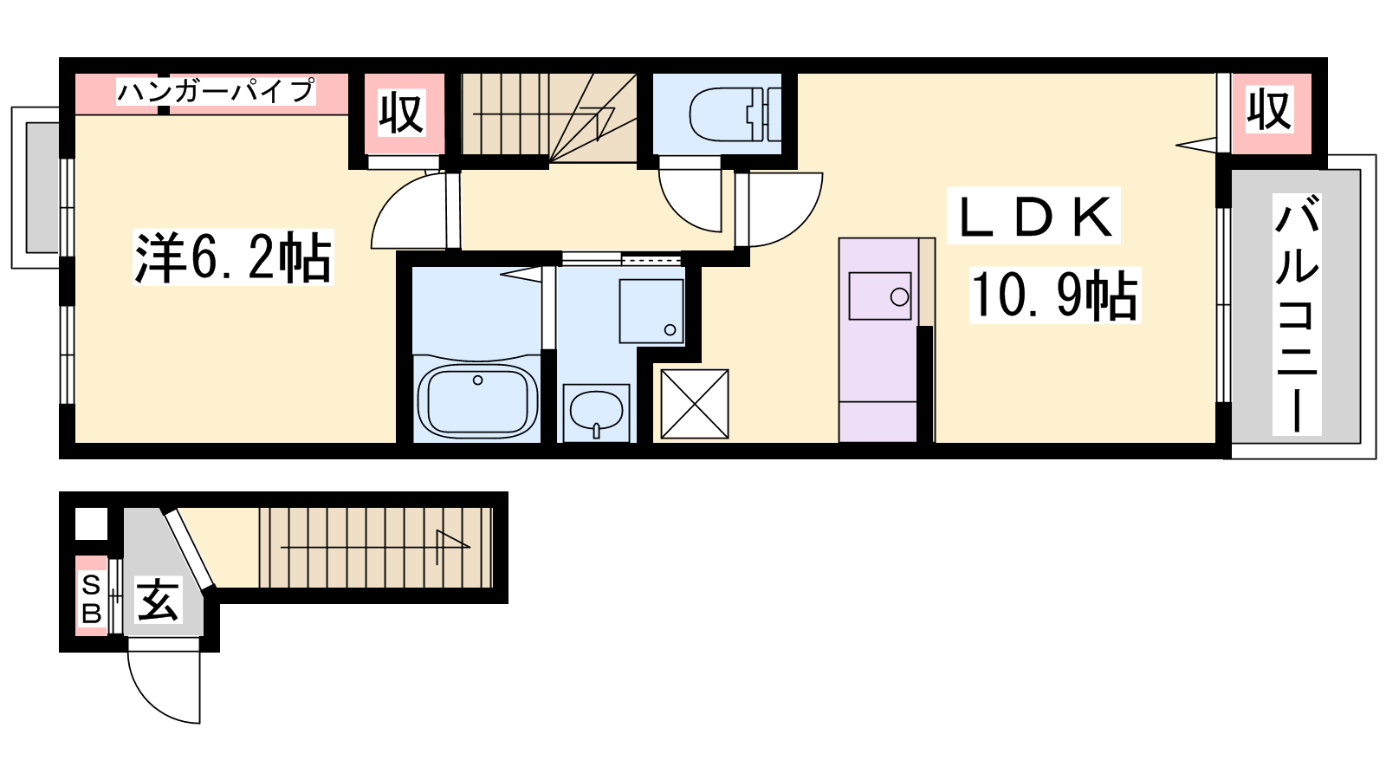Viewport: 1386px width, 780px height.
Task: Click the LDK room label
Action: (1034, 216)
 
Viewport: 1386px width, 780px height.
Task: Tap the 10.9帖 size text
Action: (1054, 296)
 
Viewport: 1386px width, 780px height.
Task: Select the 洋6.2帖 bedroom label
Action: (233, 257)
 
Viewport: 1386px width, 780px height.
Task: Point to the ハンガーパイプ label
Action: (216, 91)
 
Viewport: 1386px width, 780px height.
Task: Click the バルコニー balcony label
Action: (1296, 314)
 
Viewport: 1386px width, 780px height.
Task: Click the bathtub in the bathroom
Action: (477, 400)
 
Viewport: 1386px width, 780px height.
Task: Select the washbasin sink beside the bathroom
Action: (596, 412)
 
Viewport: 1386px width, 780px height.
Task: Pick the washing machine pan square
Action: (651, 311)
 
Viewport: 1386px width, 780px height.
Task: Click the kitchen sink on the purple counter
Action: (880, 296)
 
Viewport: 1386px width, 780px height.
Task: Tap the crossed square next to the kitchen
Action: (694, 404)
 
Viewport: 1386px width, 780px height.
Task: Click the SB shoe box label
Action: (92, 599)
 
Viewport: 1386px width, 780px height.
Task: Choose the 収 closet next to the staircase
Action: (402, 114)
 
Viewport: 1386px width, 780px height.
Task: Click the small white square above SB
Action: (92, 523)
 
